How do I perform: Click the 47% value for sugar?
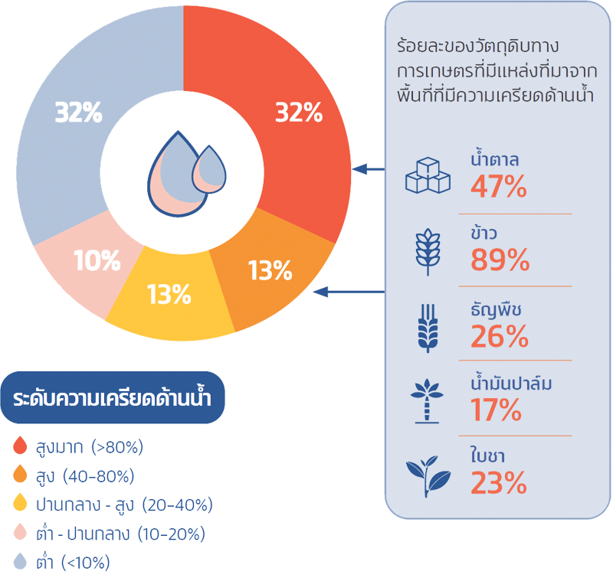(498, 186)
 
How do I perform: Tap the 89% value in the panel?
(500, 260)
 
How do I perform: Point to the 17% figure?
(496, 410)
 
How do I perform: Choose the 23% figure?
(498, 484)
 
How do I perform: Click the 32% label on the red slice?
(298, 113)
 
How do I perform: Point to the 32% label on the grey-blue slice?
(78, 113)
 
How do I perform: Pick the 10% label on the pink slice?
(97, 261)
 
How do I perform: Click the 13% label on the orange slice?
(270, 270)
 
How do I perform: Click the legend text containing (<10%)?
(74, 563)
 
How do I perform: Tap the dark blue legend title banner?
(113, 398)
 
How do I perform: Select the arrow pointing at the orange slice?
(352, 291)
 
